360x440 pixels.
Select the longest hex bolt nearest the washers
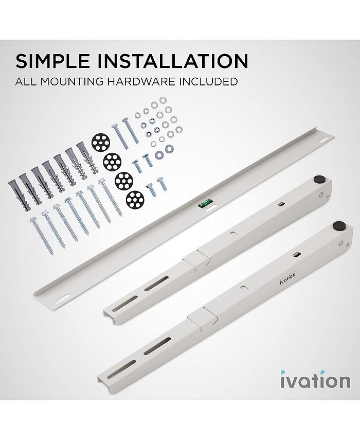(x=127, y=130)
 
